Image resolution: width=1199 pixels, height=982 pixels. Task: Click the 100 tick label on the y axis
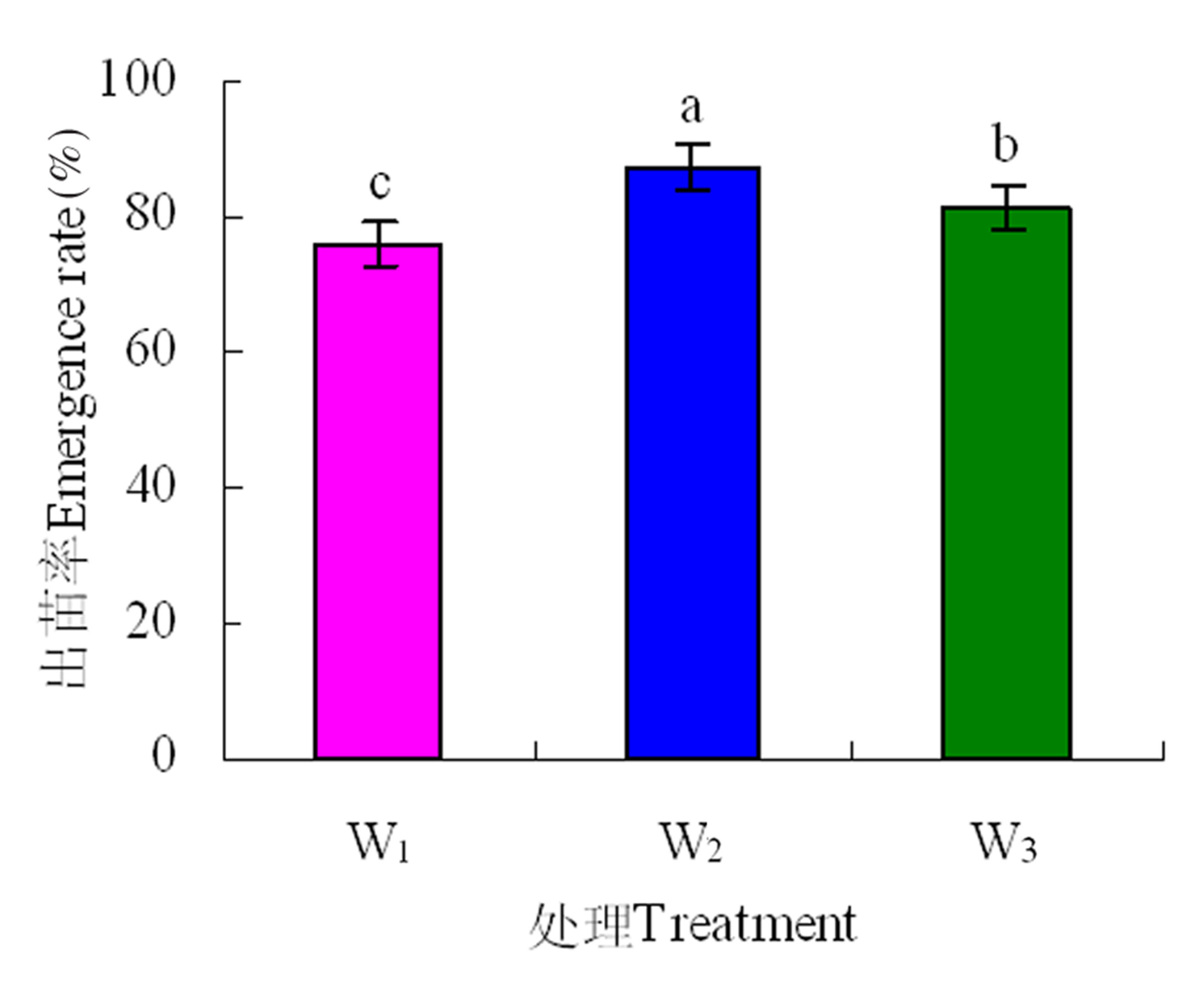(137, 81)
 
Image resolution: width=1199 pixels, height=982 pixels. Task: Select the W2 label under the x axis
(692, 844)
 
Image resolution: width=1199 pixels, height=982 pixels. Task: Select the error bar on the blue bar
(692, 167)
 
